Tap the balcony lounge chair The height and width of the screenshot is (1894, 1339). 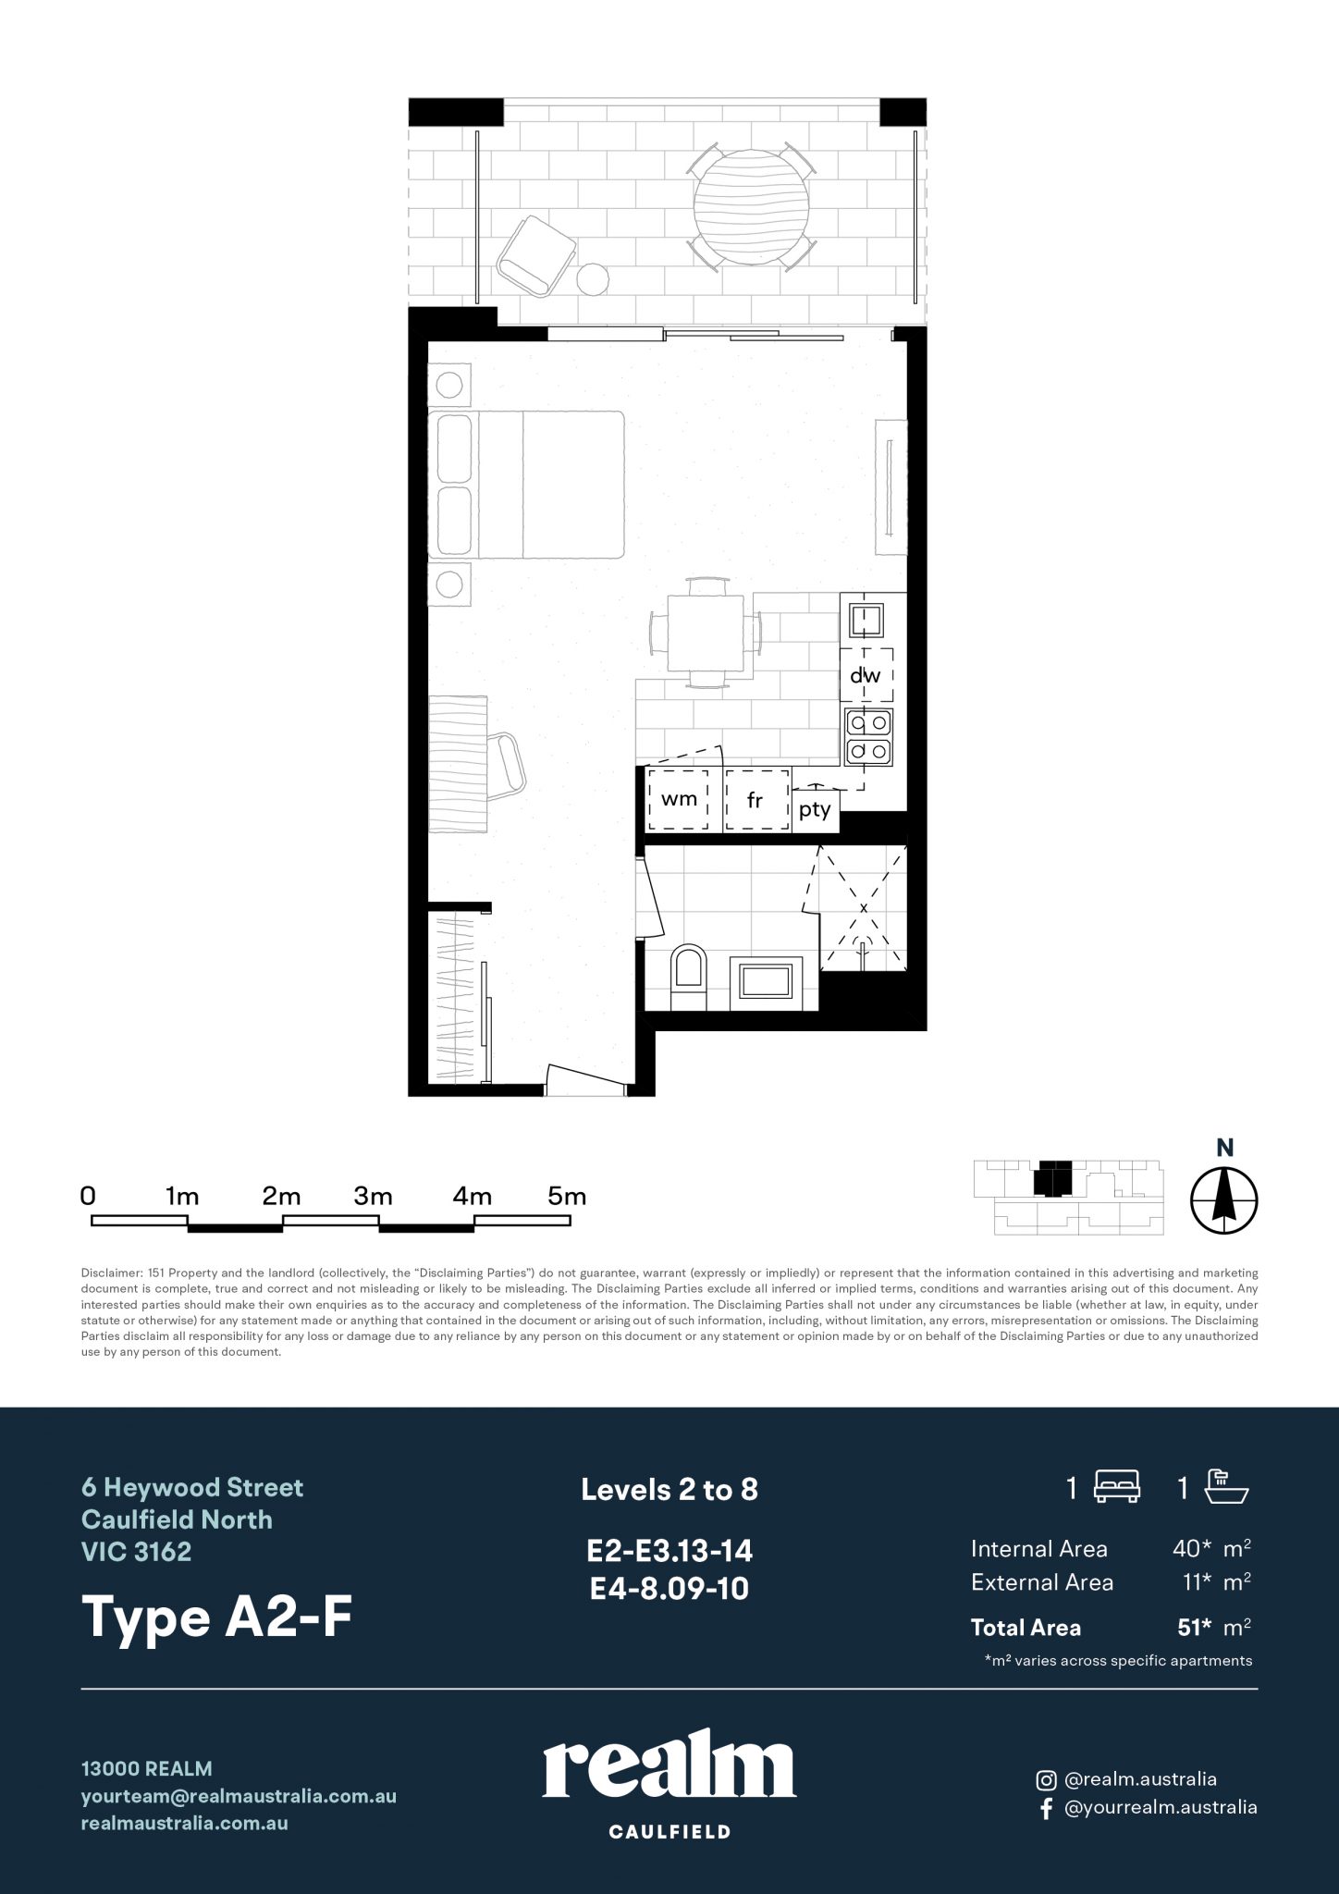point(535,254)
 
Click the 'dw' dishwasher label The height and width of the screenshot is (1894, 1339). point(866,675)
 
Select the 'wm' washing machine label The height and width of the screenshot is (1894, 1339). point(679,798)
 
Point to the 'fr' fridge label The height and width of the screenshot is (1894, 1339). point(755,800)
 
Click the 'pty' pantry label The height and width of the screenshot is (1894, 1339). point(815,810)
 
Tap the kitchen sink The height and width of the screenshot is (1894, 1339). point(866,618)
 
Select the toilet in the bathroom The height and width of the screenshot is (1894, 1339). point(689,978)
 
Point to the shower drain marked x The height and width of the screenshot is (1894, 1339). point(864,908)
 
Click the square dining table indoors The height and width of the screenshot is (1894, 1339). point(706,632)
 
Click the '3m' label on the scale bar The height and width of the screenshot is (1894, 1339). point(374,1196)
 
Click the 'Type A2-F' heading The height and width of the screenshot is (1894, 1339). point(218,1617)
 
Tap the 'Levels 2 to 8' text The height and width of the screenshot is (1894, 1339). point(669,1489)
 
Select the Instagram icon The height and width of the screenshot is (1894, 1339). point(1046,1779)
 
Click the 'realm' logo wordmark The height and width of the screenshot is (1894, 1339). point(669,1768)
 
